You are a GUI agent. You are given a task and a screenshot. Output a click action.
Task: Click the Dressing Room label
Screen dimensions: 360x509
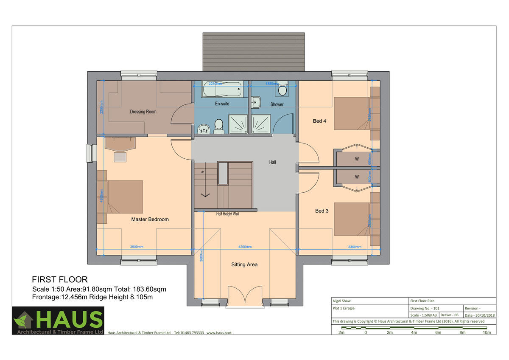point(143,112)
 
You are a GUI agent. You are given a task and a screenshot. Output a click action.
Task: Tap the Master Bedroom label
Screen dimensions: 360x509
point(150,219)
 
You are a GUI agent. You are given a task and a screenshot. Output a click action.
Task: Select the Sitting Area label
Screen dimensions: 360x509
point(244,264)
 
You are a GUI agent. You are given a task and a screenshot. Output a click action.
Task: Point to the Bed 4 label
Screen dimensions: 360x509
point(319,121)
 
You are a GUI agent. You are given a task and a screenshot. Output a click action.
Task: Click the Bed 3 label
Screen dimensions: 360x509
point(322,211)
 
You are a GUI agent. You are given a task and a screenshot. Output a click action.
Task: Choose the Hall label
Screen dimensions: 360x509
point(272,162)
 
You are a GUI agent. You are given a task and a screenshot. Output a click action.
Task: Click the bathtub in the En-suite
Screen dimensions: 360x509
point(222,90)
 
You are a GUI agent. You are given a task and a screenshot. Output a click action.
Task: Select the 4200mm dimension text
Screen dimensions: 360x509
point(245,247)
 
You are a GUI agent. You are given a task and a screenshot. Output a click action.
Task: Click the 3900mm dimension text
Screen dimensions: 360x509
point(137,247)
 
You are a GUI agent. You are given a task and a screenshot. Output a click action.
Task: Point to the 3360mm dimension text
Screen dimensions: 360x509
point(355,247)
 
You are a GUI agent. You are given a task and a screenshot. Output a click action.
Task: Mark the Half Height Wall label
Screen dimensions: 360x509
point(228,214)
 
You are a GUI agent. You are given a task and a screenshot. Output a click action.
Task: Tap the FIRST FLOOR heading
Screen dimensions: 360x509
point(60,279)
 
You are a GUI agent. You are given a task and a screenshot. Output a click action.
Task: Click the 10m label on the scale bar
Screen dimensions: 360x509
point(487,332)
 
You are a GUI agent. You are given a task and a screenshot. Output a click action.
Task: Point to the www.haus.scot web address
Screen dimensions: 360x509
point(219,333)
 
